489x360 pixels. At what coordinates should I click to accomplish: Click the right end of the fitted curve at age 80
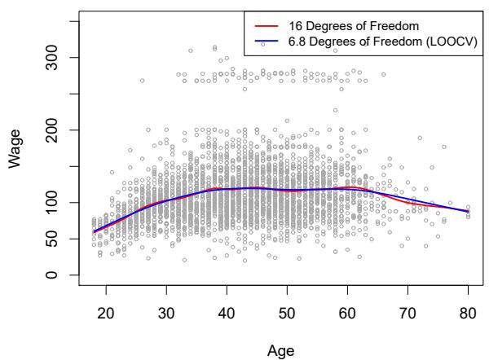(x=468, y=212)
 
